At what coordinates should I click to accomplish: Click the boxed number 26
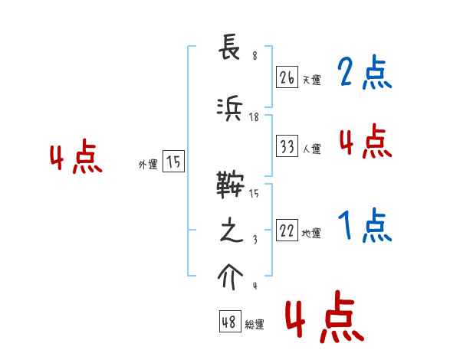tap(287, 77)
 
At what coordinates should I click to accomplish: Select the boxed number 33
tap(287, 147)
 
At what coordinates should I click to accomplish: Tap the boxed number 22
tap(287, 231)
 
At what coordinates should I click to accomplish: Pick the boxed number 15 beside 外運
tap(173, 162)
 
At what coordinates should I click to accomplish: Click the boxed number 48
tap(229, 322)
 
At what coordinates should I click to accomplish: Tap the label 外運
tap(147, 164)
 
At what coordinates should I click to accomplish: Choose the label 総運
tap(254, 325)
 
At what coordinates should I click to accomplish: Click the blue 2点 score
tap(364, 74)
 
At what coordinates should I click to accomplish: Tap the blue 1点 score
tap(364, 226)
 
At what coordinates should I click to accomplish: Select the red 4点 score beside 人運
tap(364, 142)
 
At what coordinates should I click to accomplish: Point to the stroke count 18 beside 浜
tap(255, 117)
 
